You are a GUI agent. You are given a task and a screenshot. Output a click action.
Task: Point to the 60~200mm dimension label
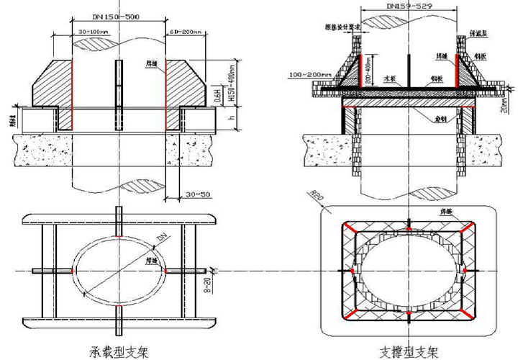pos(185,32)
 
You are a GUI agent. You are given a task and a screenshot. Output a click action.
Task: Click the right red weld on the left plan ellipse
pos(165,271)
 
